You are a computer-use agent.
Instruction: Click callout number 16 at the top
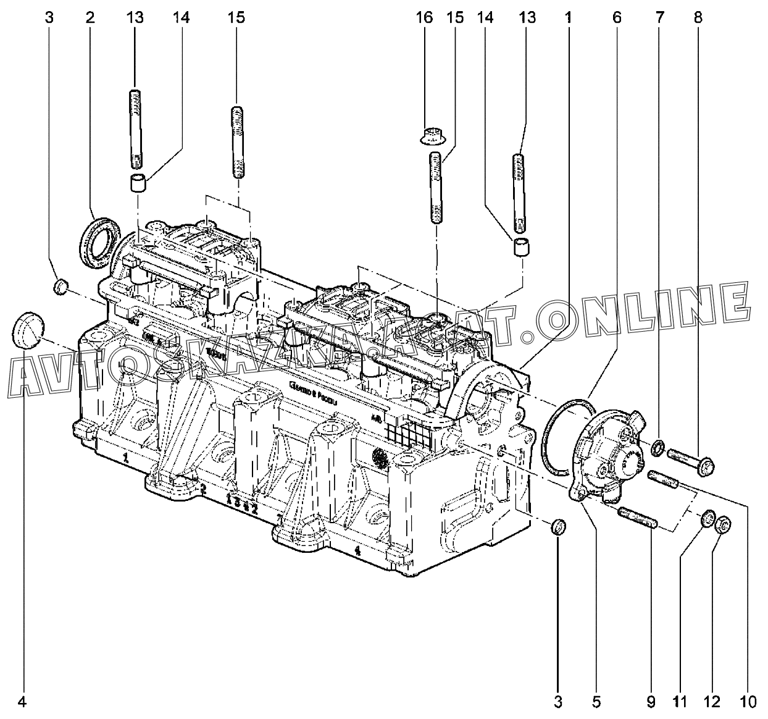click(424, 17)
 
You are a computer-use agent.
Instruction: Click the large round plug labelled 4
click(27, 331)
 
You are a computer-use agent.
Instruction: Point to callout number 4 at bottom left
click(23, 702)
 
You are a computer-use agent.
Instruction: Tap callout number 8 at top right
click(698, 17)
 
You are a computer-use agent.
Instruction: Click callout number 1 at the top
click(567, 17)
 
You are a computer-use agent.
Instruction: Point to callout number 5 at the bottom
click(596, 702)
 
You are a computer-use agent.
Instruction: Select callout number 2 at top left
click(90, 17)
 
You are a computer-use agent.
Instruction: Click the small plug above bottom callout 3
click(558, 527)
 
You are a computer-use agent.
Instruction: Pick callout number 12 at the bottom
click(712, 702)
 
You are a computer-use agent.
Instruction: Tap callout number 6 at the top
click(616, 17)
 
